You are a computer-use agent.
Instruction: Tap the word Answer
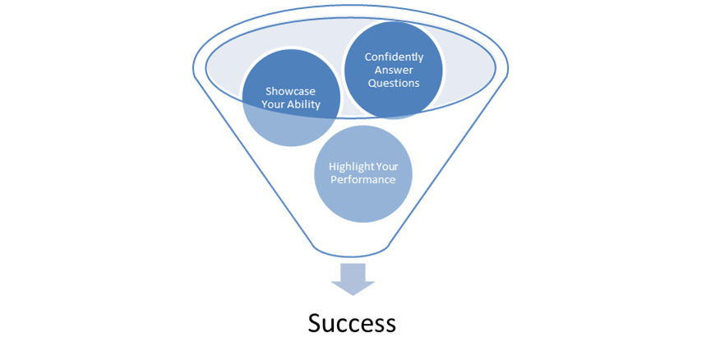[x=393, y=70]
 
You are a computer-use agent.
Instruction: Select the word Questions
[x=393, y=83]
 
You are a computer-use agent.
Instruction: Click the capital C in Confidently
[x=367, y=57]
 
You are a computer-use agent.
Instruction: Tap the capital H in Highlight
[x=331, y=164]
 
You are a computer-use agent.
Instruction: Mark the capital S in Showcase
[x=267, y=91]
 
